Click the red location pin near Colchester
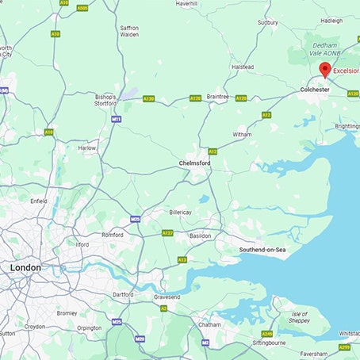point(324,70)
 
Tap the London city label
point(25,268)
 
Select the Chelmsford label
point(195,164)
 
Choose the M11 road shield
point(117,119)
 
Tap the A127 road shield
point(167,233)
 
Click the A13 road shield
point(182,259)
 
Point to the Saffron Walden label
point(128,31)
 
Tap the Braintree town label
point(217,96)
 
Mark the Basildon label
point(201,236)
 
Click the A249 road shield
point(267,334)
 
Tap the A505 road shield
point(82,8)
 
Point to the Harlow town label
point(87,147)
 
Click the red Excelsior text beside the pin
point(346,71)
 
